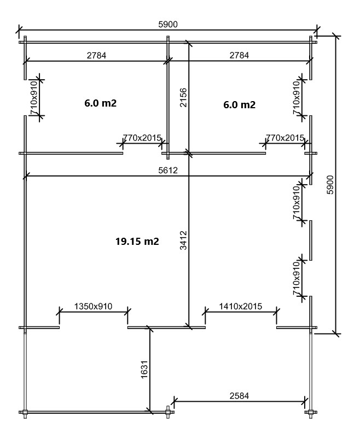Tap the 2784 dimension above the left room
point(96,55)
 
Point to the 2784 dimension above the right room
point(239,55)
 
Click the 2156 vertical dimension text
point(183,97)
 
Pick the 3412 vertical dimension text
point(183,240)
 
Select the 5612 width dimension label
point(168,170)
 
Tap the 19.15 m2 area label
point(137,241)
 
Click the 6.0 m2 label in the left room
point(101,103)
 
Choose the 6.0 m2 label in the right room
point(239,105)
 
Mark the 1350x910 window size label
point(93,306)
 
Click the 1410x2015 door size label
point(240,306)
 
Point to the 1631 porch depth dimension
point(144,369)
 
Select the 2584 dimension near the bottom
point(239,396)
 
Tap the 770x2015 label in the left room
point(142,138)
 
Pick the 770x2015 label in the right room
point(285,138)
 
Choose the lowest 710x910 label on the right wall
point(297,278)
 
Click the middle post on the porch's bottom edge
point(168,412)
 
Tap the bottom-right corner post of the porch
point(311,412)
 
